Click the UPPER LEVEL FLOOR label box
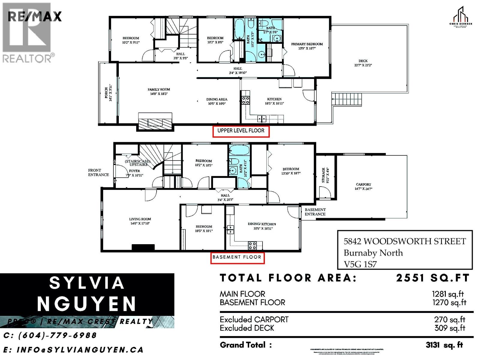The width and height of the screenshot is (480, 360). tap(241, 131)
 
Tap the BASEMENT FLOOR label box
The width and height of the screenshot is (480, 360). tap(237, 257)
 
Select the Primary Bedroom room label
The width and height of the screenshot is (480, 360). tap(307, 44)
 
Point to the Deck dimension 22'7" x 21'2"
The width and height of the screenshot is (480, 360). tap(363, 65)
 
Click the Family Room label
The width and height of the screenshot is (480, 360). tap(159, 89)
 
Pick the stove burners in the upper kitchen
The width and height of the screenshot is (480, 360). tap(245, 100)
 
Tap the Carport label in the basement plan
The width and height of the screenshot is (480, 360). tap(363, 184)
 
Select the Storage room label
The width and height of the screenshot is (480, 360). tap(323, 175)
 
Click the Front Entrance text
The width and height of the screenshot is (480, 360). tap(98, 172)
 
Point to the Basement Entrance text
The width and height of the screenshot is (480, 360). tap(315, 212)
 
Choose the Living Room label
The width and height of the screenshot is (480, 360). tap(140, 219)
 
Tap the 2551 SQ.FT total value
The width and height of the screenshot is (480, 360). tap(432, 278)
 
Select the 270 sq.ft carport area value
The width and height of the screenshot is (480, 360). tap(449, 320)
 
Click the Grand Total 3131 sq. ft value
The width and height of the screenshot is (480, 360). tap(444, 345)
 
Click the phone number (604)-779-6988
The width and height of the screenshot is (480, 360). tap(50, 335)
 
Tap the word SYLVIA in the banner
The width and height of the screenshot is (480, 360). tap(87, 283)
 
